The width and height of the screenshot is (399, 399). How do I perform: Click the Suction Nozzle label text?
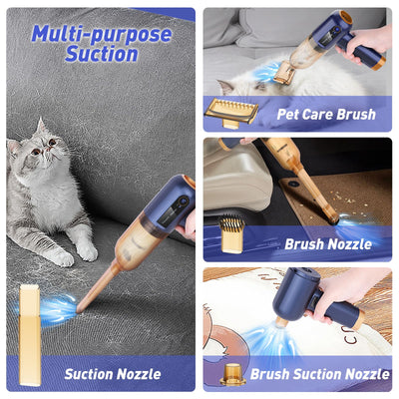[x=113, y=374]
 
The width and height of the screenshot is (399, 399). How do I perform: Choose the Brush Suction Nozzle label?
[x=320, y=374]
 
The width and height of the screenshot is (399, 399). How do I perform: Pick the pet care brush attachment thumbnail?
[x=230, y=111]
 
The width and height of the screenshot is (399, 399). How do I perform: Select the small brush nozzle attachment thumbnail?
[x=230, y=235]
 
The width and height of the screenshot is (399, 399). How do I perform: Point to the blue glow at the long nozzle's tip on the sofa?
[x=56, y=309]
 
